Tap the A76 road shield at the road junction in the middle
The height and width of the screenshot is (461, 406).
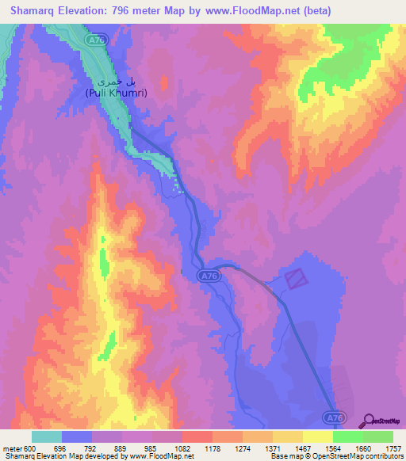click(209, 275)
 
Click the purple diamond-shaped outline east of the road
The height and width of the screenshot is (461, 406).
click(294, 278)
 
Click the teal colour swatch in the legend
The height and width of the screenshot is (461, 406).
click(46, 436)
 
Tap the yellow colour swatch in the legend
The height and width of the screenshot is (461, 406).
click(317, 436)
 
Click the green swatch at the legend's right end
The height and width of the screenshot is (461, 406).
click(377, 436)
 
